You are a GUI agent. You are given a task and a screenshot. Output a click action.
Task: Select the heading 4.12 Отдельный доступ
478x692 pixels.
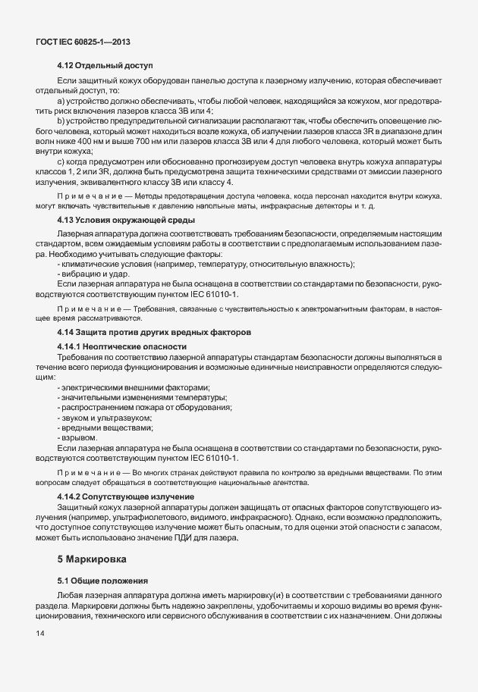(x=105, y=66)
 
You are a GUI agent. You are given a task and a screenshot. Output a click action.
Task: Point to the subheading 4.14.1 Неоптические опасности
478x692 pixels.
(x=122, y=346)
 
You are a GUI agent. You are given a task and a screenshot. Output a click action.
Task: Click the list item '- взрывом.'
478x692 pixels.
(x=77, y=437)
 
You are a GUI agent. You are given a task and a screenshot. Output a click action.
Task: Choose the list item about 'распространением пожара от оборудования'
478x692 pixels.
(x=144, y=407)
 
